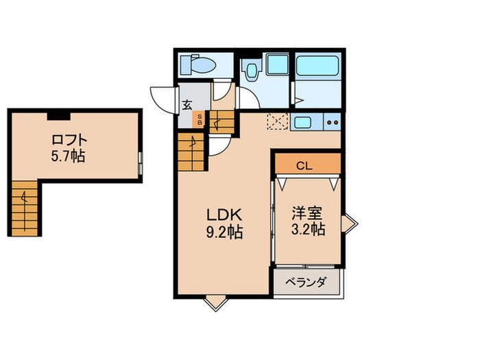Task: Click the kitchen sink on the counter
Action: [302, 123]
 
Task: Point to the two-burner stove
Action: [332, 123]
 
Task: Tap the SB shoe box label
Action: [200, 120]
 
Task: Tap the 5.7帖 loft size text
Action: [67, 156]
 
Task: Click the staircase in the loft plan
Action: [24, 208]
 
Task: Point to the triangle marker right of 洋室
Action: [350, 223]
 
